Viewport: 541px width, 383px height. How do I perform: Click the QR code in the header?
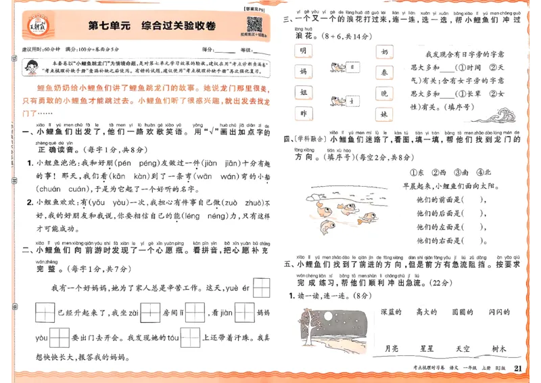click(x=254, y=24)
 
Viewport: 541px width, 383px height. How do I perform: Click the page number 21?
click(x=519, y=368)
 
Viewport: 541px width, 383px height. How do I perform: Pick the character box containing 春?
click(x=384, y=72)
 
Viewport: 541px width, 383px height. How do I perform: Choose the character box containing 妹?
click(x=384, y=114)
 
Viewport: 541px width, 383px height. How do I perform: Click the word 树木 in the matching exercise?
click(x=499, y=348)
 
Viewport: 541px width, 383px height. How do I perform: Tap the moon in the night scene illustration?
click(x=342, y=316)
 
